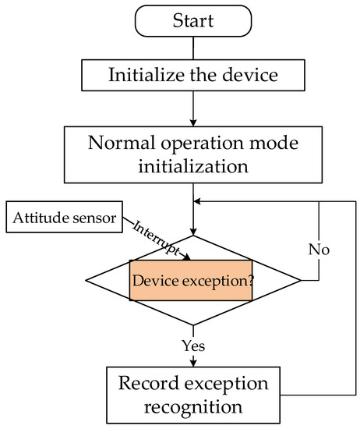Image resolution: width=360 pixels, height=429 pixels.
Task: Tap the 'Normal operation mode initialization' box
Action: point(192,155)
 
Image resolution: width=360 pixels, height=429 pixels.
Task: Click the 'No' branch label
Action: point(319,250)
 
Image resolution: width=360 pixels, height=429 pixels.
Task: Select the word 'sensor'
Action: point(94,217)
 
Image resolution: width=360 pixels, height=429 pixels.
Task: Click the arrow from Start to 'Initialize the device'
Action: point(192,48)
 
